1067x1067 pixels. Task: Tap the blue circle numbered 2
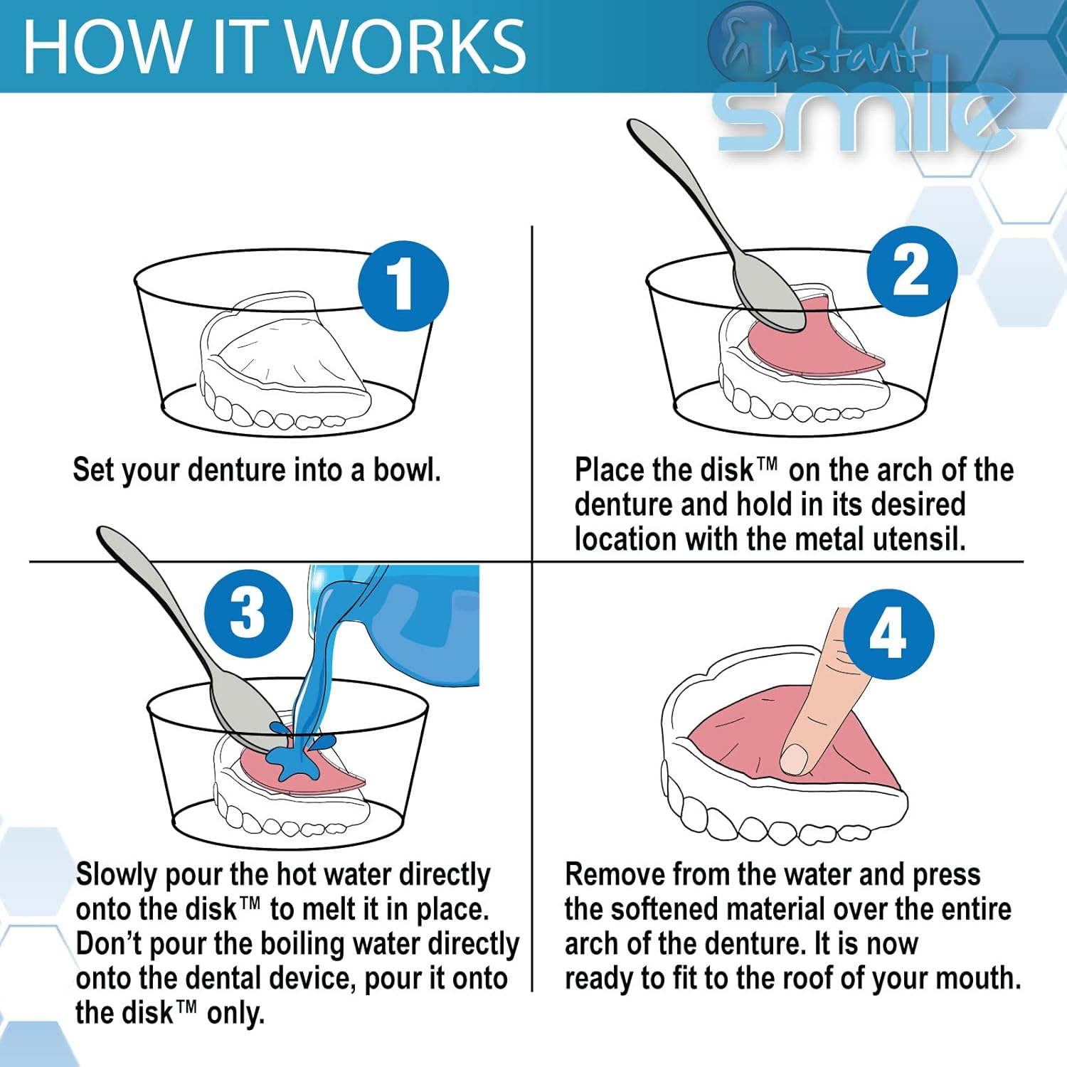(x=911, y=272)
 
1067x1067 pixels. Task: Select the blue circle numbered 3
(x=248, y=613)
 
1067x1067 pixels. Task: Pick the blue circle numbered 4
(x=888, y=634)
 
